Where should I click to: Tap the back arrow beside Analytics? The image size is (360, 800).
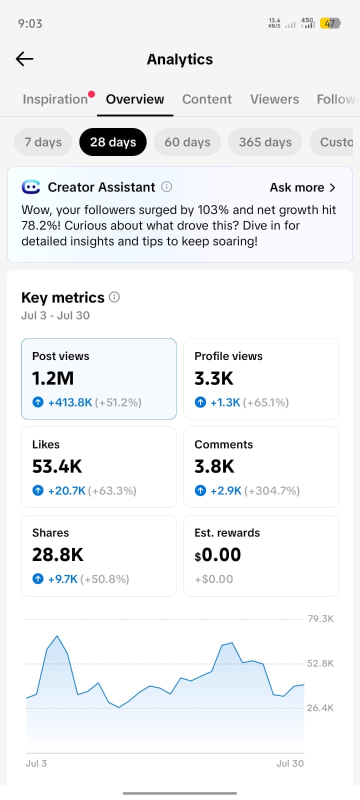[24, 59]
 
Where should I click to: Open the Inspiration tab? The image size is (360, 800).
[55, 99]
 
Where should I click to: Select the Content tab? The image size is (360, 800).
[207, 99]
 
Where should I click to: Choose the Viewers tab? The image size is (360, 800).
[274, 99]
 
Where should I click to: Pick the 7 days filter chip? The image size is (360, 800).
[43, 142]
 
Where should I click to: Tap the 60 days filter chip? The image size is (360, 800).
[187, 142]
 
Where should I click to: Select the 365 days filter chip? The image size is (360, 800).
[265, 142]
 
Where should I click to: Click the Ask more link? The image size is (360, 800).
[302, 187]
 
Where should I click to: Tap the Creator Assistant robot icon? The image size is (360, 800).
[30, 187]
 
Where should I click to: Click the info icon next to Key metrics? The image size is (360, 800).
[114, 297]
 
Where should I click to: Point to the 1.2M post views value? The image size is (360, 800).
[53, 378]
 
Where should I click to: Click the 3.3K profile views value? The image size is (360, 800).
[213, 378]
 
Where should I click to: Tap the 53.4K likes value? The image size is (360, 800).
[57, 466]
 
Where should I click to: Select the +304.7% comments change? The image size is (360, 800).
[272, 490]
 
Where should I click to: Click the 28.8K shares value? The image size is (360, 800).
[57, 554]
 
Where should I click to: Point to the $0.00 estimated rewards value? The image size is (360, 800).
[217, 555]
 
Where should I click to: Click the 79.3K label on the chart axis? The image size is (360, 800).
[320, 619]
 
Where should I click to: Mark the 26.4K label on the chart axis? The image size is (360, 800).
[320, 708]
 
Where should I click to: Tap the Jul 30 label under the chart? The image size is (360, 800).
[290, 763]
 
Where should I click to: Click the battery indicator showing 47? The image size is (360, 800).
[330, 23]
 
